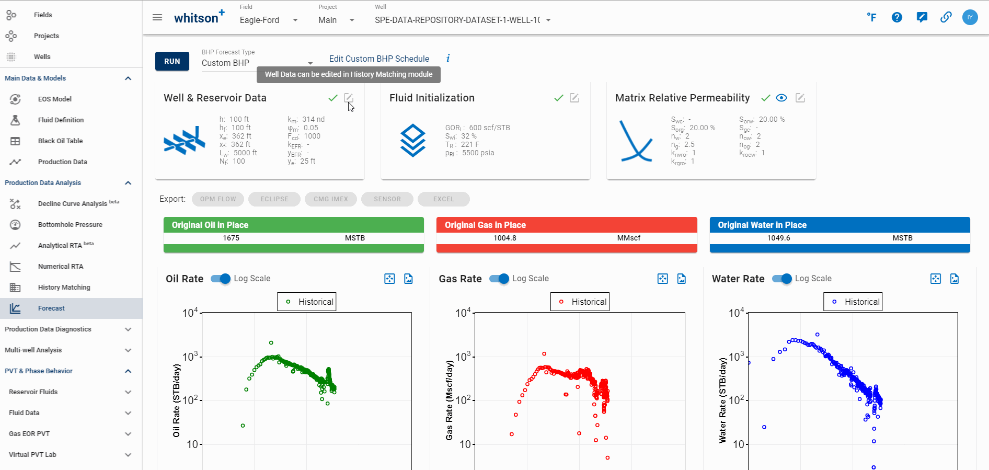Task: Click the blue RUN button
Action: coord(172,61)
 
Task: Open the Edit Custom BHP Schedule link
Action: coord(379,59)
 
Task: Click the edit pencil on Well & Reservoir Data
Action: coord(349,98)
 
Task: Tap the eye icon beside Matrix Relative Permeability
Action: coord(781,98)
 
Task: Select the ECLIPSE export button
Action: coord(274,199)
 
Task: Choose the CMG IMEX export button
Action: coord(331,199)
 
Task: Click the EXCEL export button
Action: coord(443,199)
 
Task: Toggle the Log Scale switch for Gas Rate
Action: coord(500,279)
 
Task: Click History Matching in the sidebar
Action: coord(64,287)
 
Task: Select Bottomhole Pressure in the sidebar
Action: coord(70,224)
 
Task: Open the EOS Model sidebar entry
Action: coord(54,99)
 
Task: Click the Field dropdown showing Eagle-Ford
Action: coord(268,20)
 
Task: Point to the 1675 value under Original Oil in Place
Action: coord(231,238)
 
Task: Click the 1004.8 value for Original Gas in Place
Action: coord(505,238)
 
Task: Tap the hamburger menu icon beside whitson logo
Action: coord(157,17)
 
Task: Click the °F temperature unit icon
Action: coord(871,17)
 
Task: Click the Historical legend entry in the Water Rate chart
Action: coord(853,302)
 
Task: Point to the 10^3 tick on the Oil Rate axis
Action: coord(190,357)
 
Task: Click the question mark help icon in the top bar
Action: coord(897,17)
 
